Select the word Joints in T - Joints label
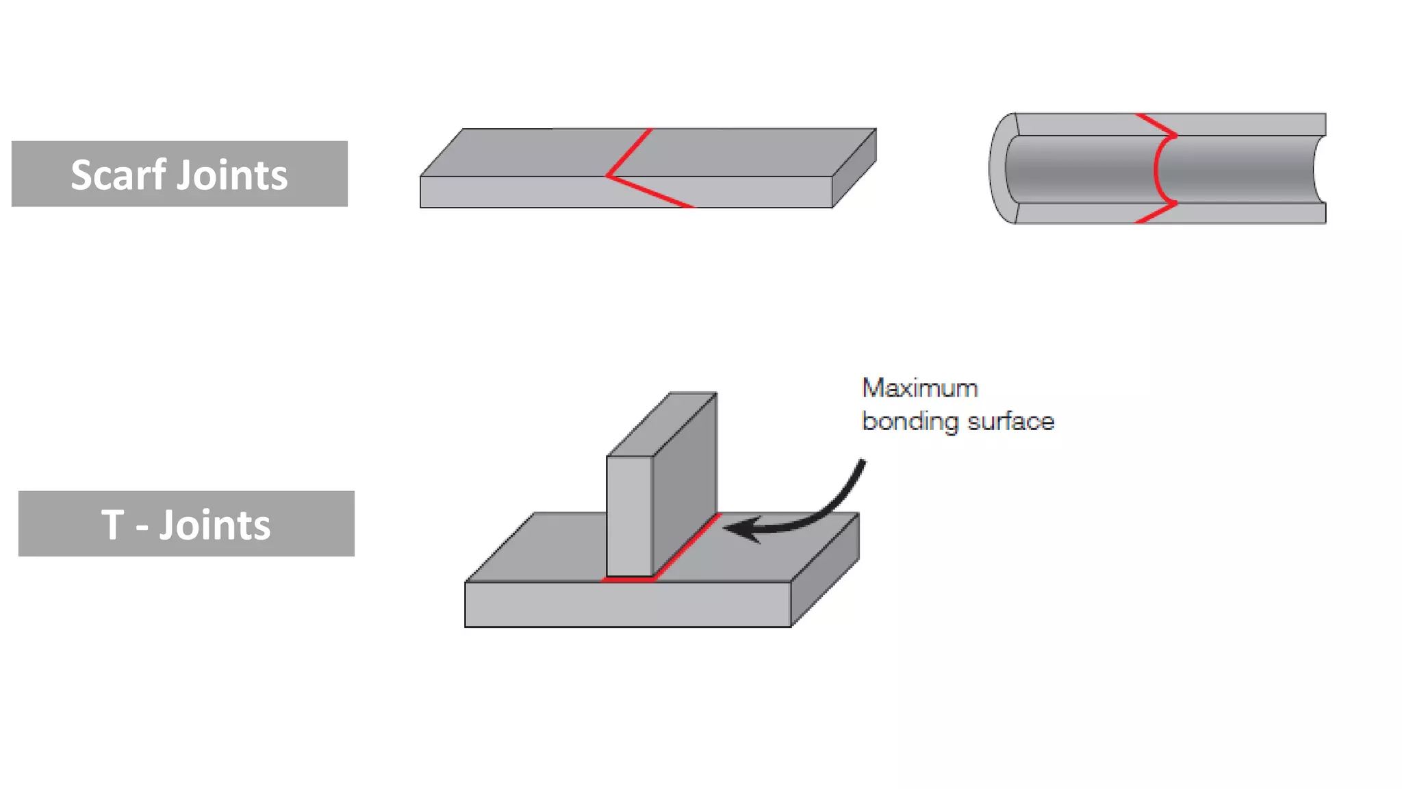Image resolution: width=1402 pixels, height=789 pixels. tap(215, 525)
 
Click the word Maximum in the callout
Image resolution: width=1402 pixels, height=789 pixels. tap(919, 388)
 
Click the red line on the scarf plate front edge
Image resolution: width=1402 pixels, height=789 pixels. tap(650, 192)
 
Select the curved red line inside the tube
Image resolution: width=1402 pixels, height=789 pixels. tap(1156, 168)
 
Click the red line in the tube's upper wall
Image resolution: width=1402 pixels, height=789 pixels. tap(1157, 125)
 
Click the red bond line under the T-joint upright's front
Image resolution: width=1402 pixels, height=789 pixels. tap(628, 579)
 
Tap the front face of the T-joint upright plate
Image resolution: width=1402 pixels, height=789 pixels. tap(629, 516)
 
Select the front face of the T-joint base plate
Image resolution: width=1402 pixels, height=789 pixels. tap(628, 605)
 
